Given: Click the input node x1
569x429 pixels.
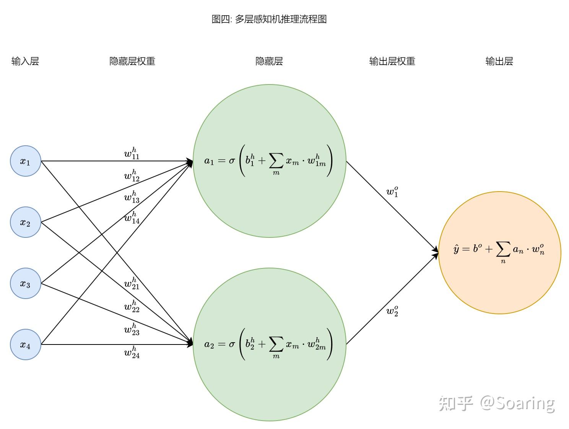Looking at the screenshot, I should tap(25, 161).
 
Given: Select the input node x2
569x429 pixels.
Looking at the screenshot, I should tap(25, 222).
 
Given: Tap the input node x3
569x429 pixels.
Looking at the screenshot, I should tap(25, 283).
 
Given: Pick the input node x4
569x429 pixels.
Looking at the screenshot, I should tap(25, 344).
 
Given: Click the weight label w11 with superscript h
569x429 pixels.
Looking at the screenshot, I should tap(132, 153).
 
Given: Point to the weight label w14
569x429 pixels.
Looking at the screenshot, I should tap(132, 218).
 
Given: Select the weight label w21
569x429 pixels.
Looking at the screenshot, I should tap(132, 284).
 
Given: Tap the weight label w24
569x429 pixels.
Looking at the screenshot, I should tap(132, 353).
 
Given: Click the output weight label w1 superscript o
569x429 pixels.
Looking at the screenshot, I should tap(392, 192).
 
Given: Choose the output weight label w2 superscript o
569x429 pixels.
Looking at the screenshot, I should tap(392, 311).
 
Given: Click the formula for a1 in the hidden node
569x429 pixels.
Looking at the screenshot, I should tap(268, 161).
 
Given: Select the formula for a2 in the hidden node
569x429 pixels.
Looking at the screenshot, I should tap(268, 344).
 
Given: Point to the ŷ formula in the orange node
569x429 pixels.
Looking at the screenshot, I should tap(499, 251).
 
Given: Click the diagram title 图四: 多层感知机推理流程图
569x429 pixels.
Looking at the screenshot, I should tap(269, 19).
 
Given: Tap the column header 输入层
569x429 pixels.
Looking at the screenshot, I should tap(25, 61).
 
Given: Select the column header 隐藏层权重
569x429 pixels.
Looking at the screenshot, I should tap(132, 61).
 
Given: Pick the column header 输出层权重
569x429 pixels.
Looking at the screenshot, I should tap(392, 61).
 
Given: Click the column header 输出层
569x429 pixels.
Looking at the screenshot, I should tap(499, 61).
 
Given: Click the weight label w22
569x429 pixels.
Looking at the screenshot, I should tap(132, 307).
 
